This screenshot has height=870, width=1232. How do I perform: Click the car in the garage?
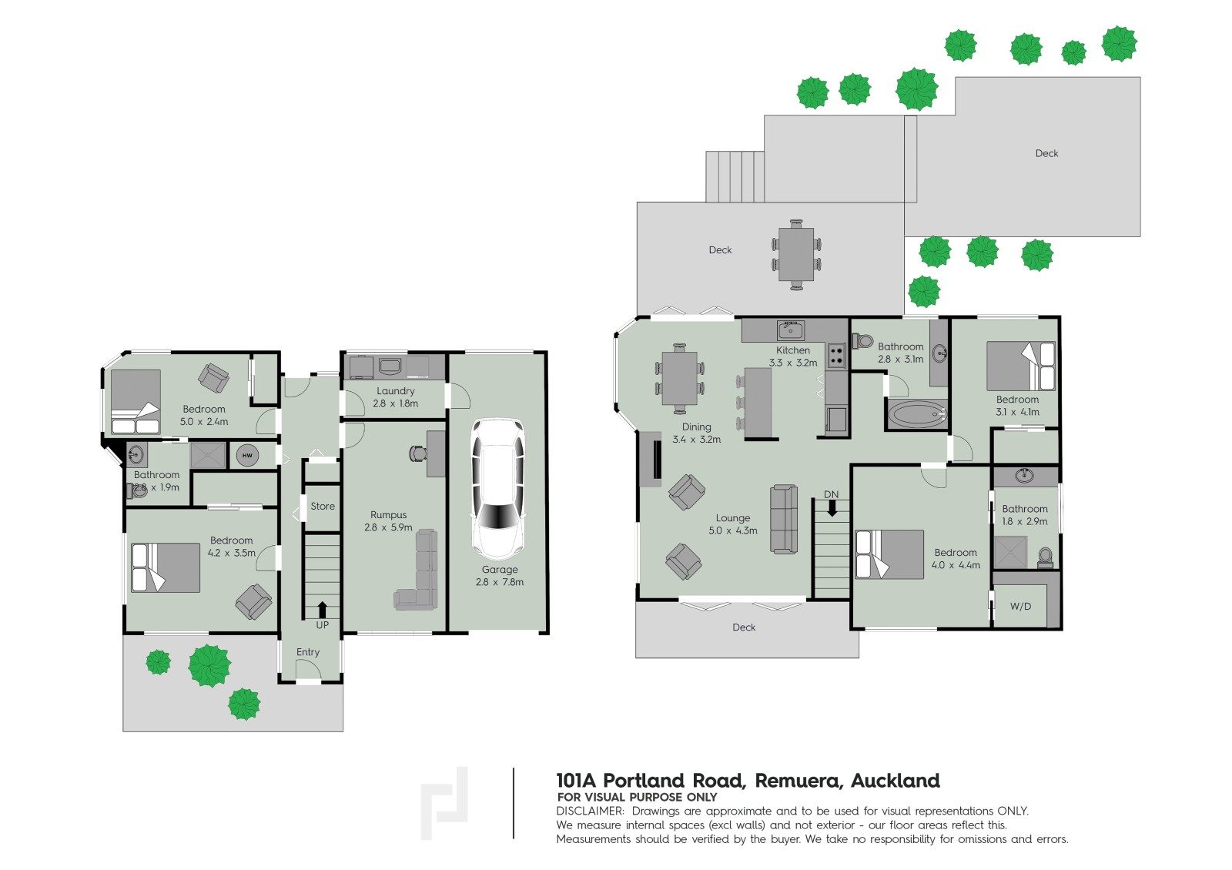click(x=498, y=488)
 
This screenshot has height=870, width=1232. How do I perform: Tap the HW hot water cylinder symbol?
click(x=247, y=456)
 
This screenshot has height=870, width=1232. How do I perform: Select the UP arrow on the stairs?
click(x=322, y=610)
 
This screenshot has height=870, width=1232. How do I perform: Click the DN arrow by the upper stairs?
click(x=831, y=507)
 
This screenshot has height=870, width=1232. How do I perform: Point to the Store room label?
click(x=323, y=506)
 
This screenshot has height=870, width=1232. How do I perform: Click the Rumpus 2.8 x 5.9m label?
click(x=388, y=521)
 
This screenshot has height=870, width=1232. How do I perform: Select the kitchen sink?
click(x=790, y=330)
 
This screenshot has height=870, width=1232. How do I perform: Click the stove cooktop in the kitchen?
click(x=836, y=356)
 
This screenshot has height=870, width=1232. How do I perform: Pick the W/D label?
click(x=1020, y=606)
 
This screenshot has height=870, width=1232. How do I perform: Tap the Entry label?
click(x=308, y=652)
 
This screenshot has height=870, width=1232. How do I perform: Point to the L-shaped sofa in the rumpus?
click(x=420, y=574)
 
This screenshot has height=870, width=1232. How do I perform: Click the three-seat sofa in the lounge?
click(x=784, y=520)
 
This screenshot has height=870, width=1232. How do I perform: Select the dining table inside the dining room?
click(x=680, y=378)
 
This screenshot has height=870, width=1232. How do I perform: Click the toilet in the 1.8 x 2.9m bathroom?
click(x=1045, y=556)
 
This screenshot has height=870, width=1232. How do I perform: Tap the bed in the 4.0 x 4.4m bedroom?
click(x=890, y=554)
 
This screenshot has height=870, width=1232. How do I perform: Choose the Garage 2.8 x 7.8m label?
click(x=500, y=576)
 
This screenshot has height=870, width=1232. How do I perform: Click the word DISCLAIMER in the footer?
click(x=589, y=811)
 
